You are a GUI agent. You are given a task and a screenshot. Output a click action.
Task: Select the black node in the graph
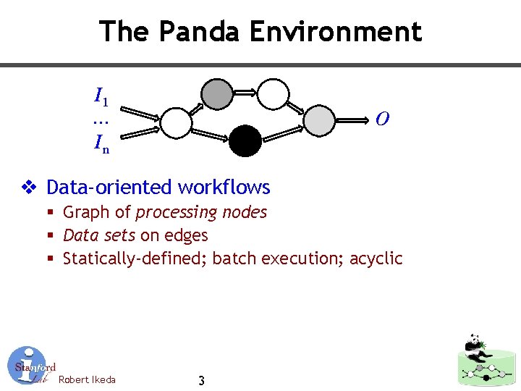coord(245,140)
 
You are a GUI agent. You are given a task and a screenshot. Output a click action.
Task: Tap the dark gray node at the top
coord(216,94)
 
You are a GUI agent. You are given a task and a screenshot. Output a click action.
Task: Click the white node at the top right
coord(274,94)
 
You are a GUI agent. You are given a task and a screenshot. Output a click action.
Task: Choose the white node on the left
coord(175,122)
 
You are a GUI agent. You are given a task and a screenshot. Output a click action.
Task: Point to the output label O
coord(383,119)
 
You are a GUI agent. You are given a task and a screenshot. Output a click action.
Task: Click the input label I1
coord(101,95)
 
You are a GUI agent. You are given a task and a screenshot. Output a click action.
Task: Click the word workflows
coord(224,188)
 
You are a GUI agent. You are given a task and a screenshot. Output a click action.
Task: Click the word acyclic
coord(376,258)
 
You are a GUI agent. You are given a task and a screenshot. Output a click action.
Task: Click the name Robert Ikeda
coord(87,379)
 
